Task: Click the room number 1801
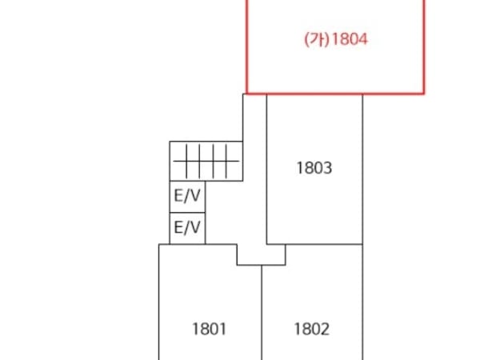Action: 209,329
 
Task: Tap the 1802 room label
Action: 312,329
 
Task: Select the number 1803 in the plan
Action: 314,168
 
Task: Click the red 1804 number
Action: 350,39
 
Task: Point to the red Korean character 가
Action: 317,39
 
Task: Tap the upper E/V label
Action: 187,195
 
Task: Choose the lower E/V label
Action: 187,227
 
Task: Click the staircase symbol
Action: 206,161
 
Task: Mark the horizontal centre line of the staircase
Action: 206,161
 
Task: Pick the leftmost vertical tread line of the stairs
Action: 186,162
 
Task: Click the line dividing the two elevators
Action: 187,213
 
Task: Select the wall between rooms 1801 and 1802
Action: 262,313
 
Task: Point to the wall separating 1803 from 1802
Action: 324,244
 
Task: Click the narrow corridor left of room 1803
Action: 254,168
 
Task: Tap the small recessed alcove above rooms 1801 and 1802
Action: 261,254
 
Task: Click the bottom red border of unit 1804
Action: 335,93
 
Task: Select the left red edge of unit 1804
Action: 246,46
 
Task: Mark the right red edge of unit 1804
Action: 424,46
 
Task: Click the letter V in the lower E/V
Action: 194,227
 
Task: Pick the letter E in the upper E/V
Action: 178,195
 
